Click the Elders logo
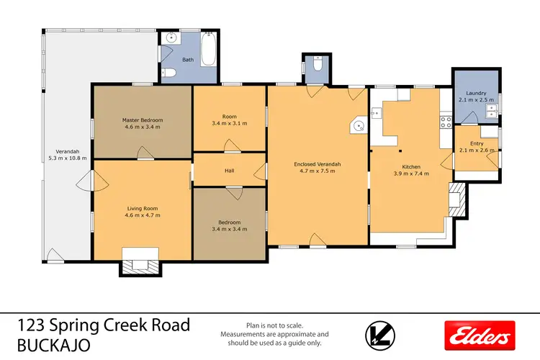[x=480, y=336]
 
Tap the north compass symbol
[x=380, y=336]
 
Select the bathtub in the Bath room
[x=208, y=49]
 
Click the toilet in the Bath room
[x=168, y=72]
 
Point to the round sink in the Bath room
[x=171, y=38]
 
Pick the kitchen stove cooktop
[x=446, y=122]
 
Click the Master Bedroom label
[x=143, y=120]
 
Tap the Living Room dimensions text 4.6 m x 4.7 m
[x=143, y=215]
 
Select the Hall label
[x=230, y=171]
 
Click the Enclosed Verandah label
[x=318, y=164]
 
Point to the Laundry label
[x=476, y=93]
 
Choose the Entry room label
[x=477, y=143]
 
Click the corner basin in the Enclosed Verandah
[x=359, y=125]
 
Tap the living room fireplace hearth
[x=140, y=266]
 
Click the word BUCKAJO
[x=54, y=345]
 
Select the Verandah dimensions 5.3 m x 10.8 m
[x=68, y=158]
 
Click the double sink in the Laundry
[x=492, y=111]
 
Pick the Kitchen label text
[x=411, y=167]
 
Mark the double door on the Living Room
[x=92, y=181]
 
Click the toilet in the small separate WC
[x=318, y=64]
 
